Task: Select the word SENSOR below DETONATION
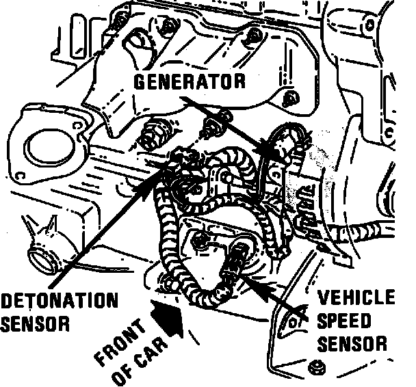click(35, 322)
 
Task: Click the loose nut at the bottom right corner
click(317, 366)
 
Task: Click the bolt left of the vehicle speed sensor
click(201, 240)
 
